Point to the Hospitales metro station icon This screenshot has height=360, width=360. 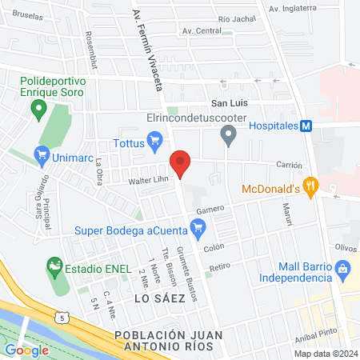tap(305, 126)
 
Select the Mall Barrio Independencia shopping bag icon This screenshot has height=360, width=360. tap(343, 268)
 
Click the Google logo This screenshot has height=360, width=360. tap(27, 350)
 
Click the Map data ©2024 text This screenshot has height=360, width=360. tap(325, 354)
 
